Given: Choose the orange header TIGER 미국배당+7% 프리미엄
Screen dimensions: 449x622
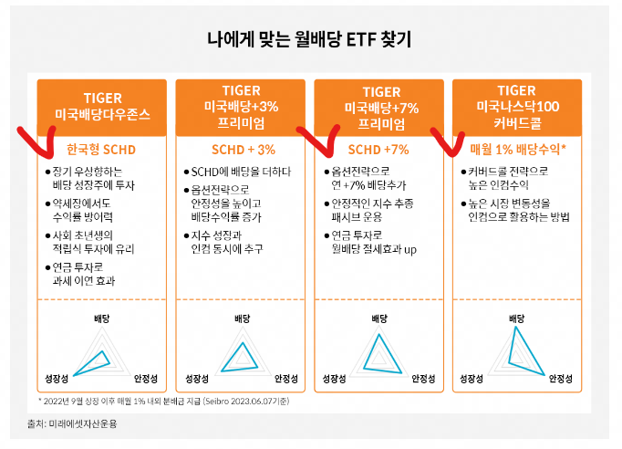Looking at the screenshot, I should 380,106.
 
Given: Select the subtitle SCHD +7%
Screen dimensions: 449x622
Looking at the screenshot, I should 380,149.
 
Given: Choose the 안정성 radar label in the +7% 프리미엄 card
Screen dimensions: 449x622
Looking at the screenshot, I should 425,378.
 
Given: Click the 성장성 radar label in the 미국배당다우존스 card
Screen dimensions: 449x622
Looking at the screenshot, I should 56,378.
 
